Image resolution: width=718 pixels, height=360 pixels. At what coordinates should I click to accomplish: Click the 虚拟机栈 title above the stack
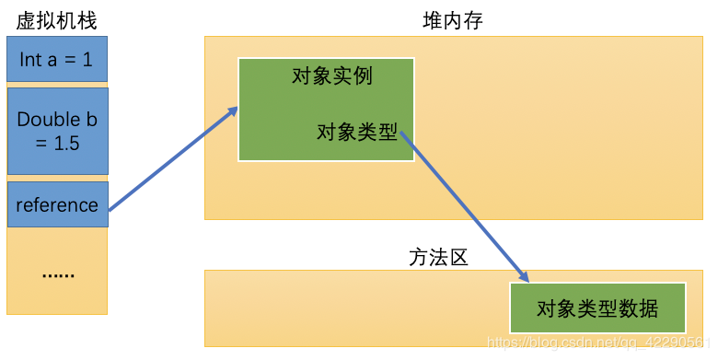(x=56, y=20)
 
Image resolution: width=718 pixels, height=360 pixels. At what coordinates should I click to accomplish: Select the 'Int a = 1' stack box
(x=57, y=59)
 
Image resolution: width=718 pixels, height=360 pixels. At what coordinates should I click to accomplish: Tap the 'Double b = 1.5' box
(x=57, y=131)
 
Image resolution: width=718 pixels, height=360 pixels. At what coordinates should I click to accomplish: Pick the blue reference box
(x=57, y=204)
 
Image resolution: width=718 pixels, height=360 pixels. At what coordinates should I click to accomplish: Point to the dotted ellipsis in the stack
(x=57, y=273)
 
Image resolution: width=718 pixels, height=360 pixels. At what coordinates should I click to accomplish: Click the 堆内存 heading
(x=446, y=20)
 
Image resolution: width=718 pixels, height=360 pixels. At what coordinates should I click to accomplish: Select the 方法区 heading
(x=438, y=257)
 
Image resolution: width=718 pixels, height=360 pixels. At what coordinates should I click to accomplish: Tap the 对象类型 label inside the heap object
(x=356, y=133)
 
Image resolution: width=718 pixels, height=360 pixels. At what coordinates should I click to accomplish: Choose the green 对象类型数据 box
(x=597, y=308)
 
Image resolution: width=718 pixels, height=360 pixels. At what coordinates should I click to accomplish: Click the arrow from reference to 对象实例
(x=173, y=158)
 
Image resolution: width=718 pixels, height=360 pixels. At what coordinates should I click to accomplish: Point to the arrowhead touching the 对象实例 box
(x=233, y=111)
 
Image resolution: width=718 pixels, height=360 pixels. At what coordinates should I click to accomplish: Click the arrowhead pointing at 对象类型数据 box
(x=525, y=276)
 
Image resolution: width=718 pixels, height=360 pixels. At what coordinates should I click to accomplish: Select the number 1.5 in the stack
(x=64, y=143)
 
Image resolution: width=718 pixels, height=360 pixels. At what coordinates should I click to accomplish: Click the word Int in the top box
(x=30, y=59)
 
